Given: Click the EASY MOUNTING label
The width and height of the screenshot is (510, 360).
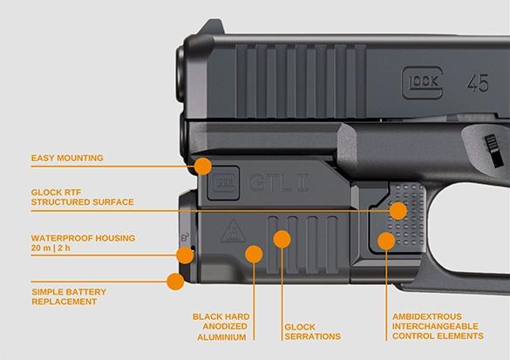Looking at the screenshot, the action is tap(67, 158).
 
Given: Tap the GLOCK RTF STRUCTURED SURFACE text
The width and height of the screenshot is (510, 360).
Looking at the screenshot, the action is tap(82, 197).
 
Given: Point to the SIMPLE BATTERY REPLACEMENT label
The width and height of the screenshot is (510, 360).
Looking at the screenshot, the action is tap(69, 296).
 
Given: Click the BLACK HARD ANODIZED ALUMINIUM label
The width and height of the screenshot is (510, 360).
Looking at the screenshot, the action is tap(221, 327).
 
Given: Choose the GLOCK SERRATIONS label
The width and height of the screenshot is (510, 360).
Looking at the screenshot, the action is tap(313, 331).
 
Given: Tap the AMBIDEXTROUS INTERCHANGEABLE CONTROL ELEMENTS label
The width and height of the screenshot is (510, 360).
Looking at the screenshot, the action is tap(438, 326).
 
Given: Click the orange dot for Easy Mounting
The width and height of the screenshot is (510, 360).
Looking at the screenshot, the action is tap(203, 166).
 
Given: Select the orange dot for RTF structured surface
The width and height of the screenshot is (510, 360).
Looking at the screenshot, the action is tap(398, 210).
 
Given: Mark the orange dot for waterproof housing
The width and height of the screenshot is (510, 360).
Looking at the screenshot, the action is tap(185, 255).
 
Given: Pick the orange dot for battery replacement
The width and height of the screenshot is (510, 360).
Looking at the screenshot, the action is tap(175, 282).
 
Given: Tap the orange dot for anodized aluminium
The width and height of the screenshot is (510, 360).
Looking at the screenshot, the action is tap(254, 254).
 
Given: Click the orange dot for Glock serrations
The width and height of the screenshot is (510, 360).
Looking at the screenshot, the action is tap(282, 239).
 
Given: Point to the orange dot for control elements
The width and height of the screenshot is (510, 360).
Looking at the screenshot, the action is tap(386, 241).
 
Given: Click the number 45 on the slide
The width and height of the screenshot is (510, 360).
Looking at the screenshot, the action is tap(478, 83).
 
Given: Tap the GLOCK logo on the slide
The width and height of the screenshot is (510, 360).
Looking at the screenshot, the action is tap(423, 83).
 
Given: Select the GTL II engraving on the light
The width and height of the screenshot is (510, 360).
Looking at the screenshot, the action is tap(278, 183).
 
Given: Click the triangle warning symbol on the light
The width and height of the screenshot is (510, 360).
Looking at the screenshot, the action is tap(233, 232).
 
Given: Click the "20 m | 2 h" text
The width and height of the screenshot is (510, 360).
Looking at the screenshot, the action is tap(51, 248).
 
